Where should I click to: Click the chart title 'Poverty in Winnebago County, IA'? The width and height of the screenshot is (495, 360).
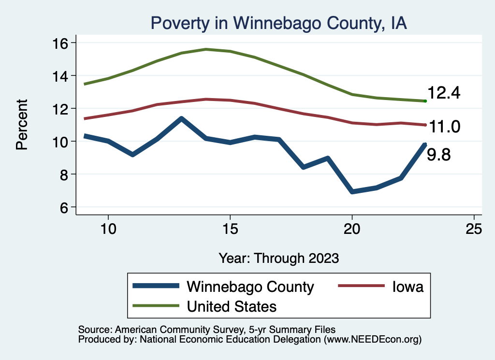point(279,23)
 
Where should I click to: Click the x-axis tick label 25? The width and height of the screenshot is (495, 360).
point(474,229)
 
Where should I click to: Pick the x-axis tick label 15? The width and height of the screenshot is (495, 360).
point(230,229)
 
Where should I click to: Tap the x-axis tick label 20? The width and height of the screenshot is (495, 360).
point(352,229)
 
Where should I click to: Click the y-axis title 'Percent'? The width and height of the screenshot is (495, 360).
point(22,124)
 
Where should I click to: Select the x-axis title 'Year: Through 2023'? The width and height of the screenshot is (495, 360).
point(279,258)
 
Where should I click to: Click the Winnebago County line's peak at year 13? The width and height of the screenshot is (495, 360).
point(181,118)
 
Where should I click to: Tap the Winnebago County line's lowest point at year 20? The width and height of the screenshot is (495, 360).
point(352,192)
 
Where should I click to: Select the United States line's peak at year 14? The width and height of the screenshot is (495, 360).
point(205,49)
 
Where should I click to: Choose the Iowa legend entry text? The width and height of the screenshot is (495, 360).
point(408,287)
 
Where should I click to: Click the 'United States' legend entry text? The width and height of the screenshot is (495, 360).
point(232,306)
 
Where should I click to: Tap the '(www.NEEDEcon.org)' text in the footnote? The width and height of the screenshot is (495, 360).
point(373,340)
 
